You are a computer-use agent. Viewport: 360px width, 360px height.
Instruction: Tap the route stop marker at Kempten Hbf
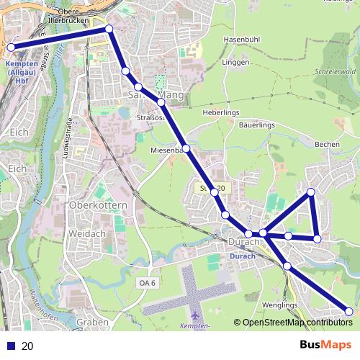coord(12,48)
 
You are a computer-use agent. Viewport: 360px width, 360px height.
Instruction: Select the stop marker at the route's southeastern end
coord(349,312)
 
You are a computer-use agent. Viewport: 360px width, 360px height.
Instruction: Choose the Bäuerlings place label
coord(258,125)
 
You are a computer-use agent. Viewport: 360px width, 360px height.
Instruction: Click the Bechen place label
coord(327,144)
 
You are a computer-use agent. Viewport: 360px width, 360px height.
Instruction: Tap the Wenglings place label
coord(279,305)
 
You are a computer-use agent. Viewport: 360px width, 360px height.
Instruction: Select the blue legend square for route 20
coord(10,346)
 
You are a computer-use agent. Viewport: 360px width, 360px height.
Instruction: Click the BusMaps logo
coord(325,345)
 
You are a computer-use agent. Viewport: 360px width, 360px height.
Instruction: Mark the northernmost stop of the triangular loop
coord(311,192)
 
